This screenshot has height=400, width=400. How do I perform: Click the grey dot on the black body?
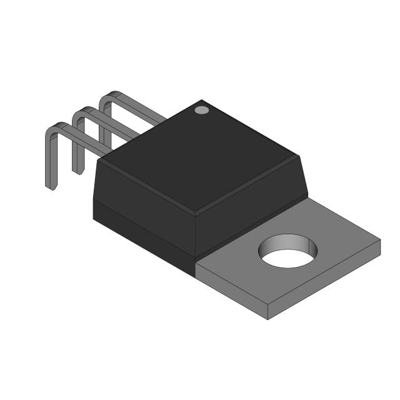[x=201, y=110]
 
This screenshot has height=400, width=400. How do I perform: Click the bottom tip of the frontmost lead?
[x=51, y=186]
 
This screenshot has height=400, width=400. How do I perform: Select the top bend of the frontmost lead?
[x=55, y=127]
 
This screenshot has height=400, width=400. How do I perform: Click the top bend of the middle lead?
[x=81, y=112]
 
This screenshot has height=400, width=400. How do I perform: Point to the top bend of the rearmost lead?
[x=109, y=96]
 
